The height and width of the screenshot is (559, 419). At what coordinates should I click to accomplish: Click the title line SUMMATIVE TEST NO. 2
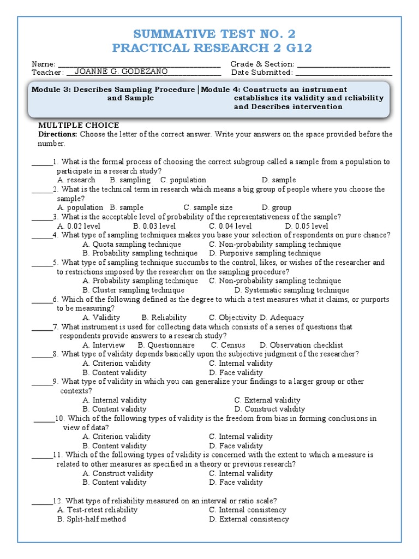[x=212, y=33]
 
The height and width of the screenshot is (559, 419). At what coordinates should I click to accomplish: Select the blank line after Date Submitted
[x=344, y=74]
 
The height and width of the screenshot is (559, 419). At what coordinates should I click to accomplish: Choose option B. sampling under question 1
[x=130, y=180]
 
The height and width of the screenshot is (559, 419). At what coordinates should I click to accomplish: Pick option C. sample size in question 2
[x=208, y=207]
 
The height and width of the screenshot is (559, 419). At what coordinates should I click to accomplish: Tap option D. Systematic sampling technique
[x=292, y=290]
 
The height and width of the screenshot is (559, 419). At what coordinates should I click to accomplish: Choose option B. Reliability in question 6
[x=164, y=318]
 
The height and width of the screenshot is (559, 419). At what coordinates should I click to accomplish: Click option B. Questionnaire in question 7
[x=166, y=345]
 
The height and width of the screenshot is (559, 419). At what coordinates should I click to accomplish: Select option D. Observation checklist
[x=301, y=345]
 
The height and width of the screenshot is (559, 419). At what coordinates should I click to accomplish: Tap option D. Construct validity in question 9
[x=270, y=409]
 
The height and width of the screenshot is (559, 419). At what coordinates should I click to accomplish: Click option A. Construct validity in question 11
[x=118, y=474]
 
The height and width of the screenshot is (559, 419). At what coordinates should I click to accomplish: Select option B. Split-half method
[x=92, y=519]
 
